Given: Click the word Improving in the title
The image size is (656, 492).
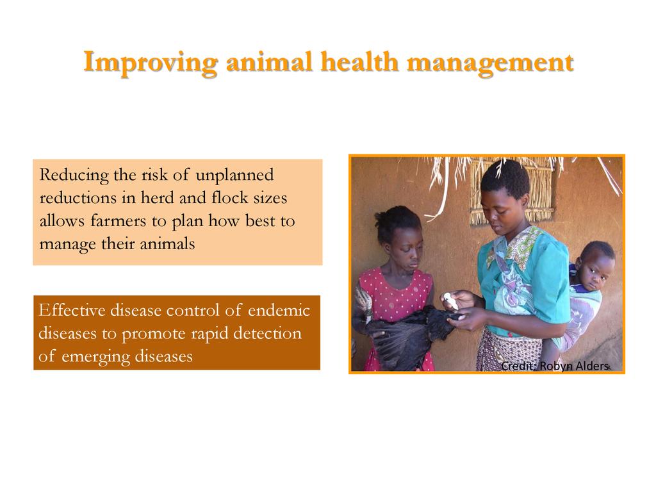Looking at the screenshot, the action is coord(151,63).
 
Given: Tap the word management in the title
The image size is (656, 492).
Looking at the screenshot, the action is coord(490,63).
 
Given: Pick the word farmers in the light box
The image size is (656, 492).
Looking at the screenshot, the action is coord(119,220).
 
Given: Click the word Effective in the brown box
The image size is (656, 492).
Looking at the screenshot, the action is coord(71,311).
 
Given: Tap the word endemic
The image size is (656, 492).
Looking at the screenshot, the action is coord(279,311).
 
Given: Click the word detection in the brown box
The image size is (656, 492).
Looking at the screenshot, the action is coord(267,333).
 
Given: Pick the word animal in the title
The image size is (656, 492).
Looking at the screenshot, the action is coord(269,62).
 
